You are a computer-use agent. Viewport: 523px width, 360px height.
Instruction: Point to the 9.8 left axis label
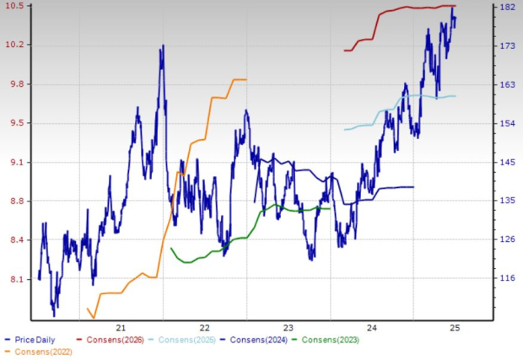[x=16, y=84]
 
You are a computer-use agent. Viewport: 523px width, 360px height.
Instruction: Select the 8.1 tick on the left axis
[x=16, y=279]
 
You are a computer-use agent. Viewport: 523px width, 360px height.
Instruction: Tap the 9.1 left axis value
[x=16, y=162]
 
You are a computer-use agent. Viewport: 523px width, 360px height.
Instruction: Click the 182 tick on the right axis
[x=507, y=7]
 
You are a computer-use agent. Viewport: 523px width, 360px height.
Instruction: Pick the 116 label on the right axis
[x=507, y=277]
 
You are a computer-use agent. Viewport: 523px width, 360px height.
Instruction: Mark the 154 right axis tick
[x=507, y=123]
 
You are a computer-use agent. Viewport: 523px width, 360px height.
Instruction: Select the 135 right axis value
[x=507, y=201]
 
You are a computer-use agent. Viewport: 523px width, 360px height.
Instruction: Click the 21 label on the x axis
[x=121, y=328]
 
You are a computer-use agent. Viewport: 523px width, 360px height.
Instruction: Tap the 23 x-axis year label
[x=288, y=328]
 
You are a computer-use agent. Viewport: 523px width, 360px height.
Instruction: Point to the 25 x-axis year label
[x=454, y=328]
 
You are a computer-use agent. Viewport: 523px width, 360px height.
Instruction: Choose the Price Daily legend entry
[x=35, y=341]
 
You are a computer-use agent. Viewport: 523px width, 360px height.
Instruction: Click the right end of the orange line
[x=246, y=79]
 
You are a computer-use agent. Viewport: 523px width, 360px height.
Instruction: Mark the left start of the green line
[x=171, y=248]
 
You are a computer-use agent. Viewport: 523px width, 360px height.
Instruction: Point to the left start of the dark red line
[x=344, y=51]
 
